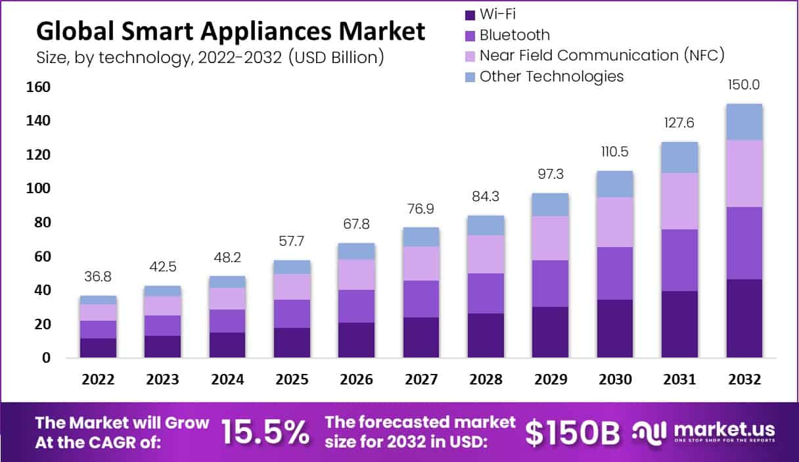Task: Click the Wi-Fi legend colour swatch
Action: (470, 13)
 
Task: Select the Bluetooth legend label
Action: (514, 34)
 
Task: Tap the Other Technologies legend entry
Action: (551, 76)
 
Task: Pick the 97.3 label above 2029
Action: (550, 174)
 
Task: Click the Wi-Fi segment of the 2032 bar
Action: (744, 319)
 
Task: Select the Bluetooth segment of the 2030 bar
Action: (614, 273)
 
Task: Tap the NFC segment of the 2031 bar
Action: (679, 201)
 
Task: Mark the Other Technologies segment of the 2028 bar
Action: (486, 225)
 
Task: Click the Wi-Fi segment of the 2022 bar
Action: (99, 348)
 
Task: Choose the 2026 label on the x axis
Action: (356, 380)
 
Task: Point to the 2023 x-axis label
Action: (163, 380)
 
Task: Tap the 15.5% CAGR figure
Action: (265, 432)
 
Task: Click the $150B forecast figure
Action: (573, 432)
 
